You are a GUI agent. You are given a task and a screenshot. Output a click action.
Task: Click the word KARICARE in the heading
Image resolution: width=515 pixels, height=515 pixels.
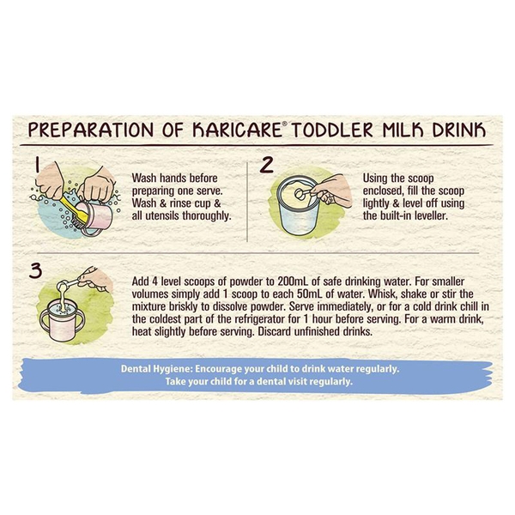tap(237, 130)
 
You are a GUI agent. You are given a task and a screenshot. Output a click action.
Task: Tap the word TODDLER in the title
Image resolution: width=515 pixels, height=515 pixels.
tap(332, 130)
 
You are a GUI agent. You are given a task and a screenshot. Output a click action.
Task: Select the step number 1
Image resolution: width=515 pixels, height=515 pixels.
tap(38, 164)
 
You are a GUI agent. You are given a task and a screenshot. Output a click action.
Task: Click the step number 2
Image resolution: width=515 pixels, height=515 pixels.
tap(266, 165)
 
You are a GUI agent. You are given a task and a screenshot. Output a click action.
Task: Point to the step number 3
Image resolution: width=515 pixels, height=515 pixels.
tap(36, 270)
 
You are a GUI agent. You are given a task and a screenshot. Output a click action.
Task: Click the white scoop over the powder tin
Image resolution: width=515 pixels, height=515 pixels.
tap(306, 193)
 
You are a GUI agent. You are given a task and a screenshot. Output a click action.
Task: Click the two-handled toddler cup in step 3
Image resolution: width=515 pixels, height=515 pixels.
tap(63, 320)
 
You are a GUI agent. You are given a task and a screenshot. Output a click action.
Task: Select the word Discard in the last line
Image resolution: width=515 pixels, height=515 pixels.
tap(275, 331)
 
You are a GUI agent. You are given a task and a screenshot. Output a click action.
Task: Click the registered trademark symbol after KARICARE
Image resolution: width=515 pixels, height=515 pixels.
tap(284, 124)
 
